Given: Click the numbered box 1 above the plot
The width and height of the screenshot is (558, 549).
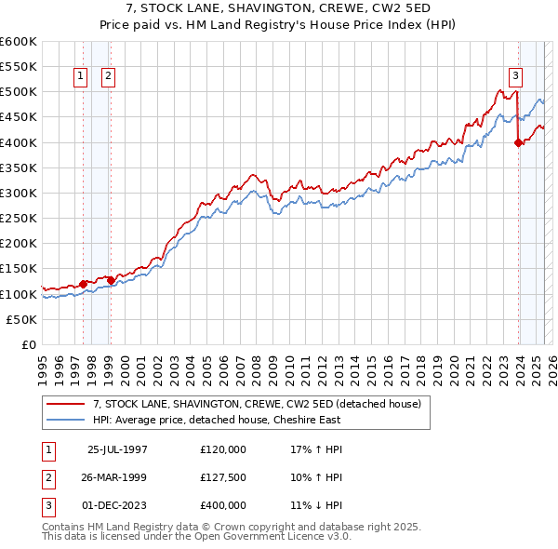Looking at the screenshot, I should click(81, 77).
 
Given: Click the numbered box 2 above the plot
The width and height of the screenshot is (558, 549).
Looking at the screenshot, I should click(109, 77).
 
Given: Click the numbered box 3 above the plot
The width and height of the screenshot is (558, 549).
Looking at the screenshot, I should click(514, 77).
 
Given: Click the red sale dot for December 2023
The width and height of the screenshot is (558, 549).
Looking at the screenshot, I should click(518, 142).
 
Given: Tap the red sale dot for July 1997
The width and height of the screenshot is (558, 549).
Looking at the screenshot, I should click(83, 284).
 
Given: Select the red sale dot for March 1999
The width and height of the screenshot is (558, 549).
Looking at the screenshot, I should click(111, 280).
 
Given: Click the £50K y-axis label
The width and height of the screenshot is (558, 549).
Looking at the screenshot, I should click(22, 319).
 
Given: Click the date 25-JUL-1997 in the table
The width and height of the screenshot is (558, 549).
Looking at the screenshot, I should click(117, 449).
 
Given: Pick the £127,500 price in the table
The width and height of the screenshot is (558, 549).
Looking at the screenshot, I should click(223, 477).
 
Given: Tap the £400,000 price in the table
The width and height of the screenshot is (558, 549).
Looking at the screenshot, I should click(223, 505).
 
